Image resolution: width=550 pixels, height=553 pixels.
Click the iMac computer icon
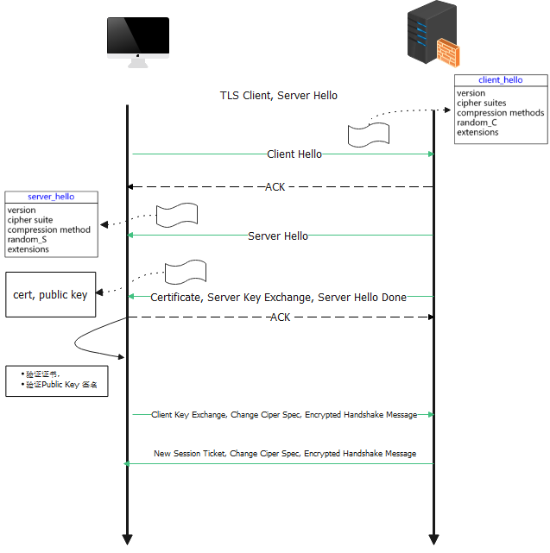click(x=137, y=41)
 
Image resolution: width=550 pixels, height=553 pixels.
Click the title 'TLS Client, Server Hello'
click(x=278, y=96)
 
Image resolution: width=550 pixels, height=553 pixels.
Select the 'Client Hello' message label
click(x=294, y=154)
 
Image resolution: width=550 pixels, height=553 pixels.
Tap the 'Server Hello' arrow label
click(x=277, y=236)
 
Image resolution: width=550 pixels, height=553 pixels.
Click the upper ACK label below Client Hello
click(x=275, y=187)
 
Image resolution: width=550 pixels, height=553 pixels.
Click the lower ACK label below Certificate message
click(x=280, y=317)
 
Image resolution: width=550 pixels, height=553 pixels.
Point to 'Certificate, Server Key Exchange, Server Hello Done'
click(x=278, y=298)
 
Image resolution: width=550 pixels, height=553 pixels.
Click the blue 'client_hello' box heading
click(x=500, y=80)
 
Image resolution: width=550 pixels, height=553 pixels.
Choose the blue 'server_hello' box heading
click(x=51, y=197)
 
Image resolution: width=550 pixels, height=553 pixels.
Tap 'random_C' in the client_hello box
click(x=477, y=123)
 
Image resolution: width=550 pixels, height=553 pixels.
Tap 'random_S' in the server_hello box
click(x=27, y=240)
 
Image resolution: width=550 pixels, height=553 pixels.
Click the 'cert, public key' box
click(x=50, y=295)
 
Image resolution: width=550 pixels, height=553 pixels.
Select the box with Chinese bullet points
click(x=57, y=380)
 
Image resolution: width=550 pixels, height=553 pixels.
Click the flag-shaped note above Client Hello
click(x=368, y=135)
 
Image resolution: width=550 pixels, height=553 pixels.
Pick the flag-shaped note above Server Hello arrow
click(x=177, y=215)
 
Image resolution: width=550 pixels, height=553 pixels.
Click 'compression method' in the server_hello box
click(x=48, y=230)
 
